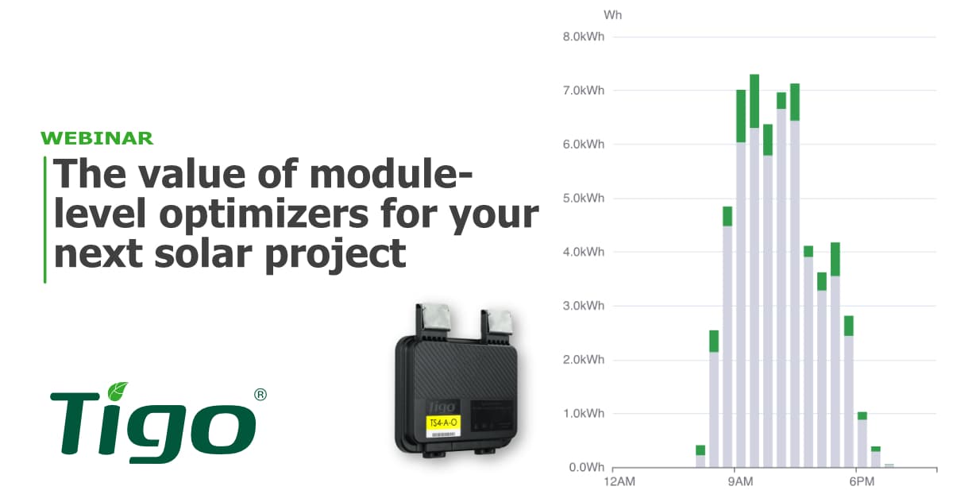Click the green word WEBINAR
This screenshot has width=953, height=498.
tap(97, 138)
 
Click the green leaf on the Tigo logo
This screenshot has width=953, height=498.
tap(118, 391)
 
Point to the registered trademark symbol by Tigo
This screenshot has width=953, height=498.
tap(259, 394)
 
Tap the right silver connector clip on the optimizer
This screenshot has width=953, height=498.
tap(500, 320)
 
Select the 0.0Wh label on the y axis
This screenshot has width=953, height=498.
tap(586, 468)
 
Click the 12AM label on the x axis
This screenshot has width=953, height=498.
tap(619, 482)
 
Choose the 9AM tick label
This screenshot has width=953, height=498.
tap(740, 482)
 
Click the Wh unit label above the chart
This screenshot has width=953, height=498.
tap(612, 15)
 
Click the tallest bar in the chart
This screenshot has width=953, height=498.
tap(754, 270)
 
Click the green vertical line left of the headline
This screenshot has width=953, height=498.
tap(44, 219)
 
